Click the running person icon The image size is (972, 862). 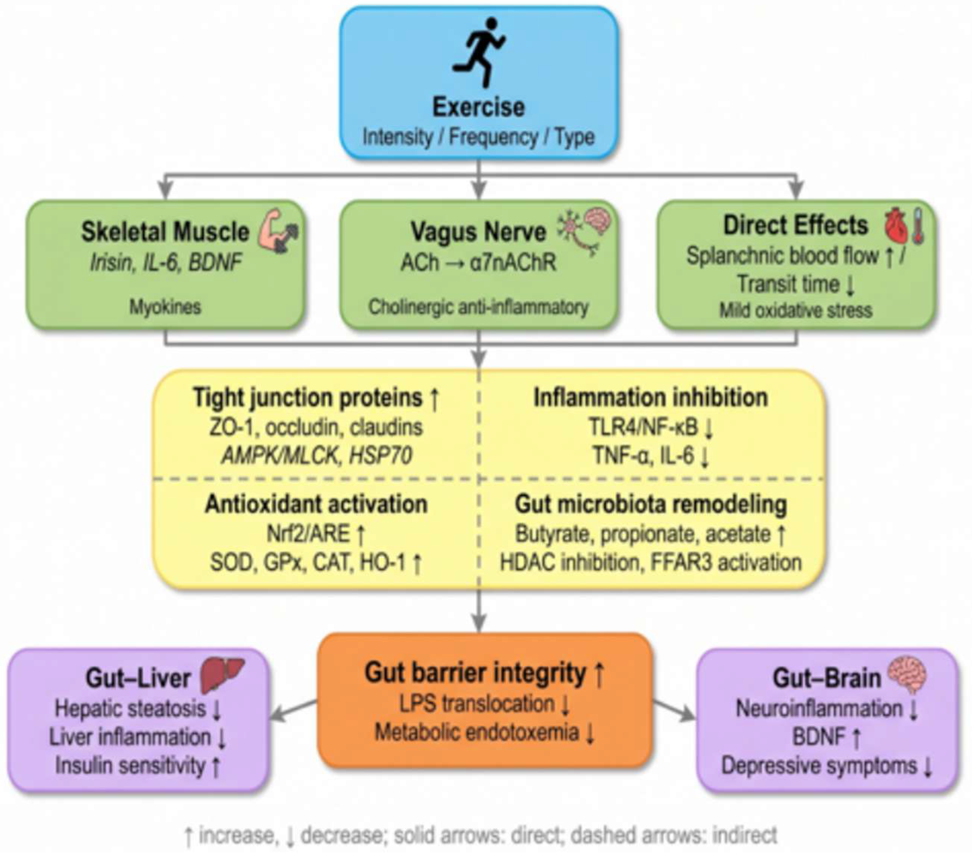(478, 52)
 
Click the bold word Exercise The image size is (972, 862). (478, 107)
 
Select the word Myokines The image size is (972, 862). (166, 307)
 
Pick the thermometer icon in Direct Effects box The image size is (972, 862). (918, 226)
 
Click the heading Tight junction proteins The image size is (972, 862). (308, 397)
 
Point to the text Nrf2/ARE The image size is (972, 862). (308, 533)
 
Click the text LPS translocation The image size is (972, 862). (477, 703)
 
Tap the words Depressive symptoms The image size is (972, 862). (819, 765)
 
